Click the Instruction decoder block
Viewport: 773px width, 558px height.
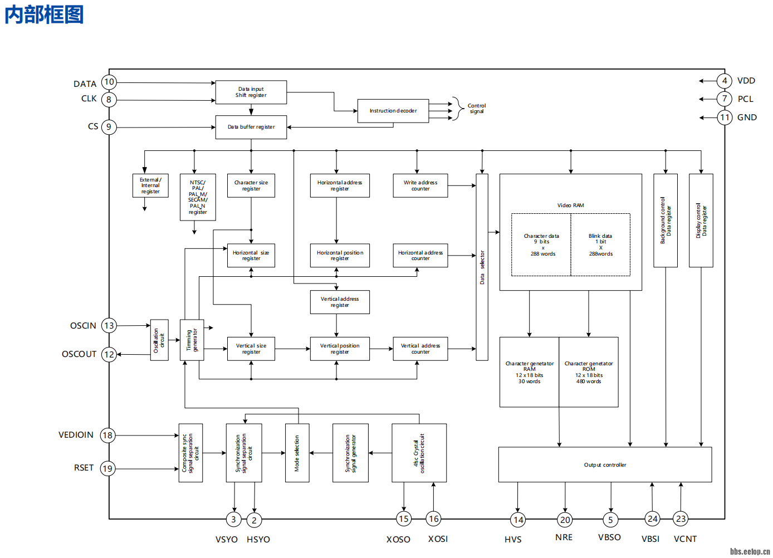click(x=393, y=111)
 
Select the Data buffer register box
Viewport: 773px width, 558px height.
click(x=251, y=127)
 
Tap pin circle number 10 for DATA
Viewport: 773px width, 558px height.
click(x=109, y=82)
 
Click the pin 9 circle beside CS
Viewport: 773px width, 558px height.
click(x=109, y=127)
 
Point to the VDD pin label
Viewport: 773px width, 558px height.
click(x=746, y=81)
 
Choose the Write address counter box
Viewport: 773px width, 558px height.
click(x=420, y=185)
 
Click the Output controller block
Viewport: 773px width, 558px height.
click(x=605, y=464)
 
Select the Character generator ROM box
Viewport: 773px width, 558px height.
click(x=589, y=372)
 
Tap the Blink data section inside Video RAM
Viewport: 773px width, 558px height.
click(x=600, y=244)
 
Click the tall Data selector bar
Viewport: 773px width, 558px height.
click(x=482, y=267)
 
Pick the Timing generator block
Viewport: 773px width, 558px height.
click(x=192, y=340)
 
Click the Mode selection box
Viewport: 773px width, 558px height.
click(x=297, y=453)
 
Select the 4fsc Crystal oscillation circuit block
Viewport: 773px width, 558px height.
click(x=419, y=453)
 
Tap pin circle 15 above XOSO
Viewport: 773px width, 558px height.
click(x=404, y=519)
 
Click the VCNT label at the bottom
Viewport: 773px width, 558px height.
click(x=685, y=539)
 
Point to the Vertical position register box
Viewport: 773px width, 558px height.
click(x=340, y=349)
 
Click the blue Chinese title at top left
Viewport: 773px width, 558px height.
click(x=45, y=14)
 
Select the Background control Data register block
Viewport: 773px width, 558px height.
click(x=666, y=221)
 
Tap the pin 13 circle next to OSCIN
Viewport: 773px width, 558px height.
click(x=109, y=326)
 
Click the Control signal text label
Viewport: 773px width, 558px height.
click(x=476, y=109)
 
